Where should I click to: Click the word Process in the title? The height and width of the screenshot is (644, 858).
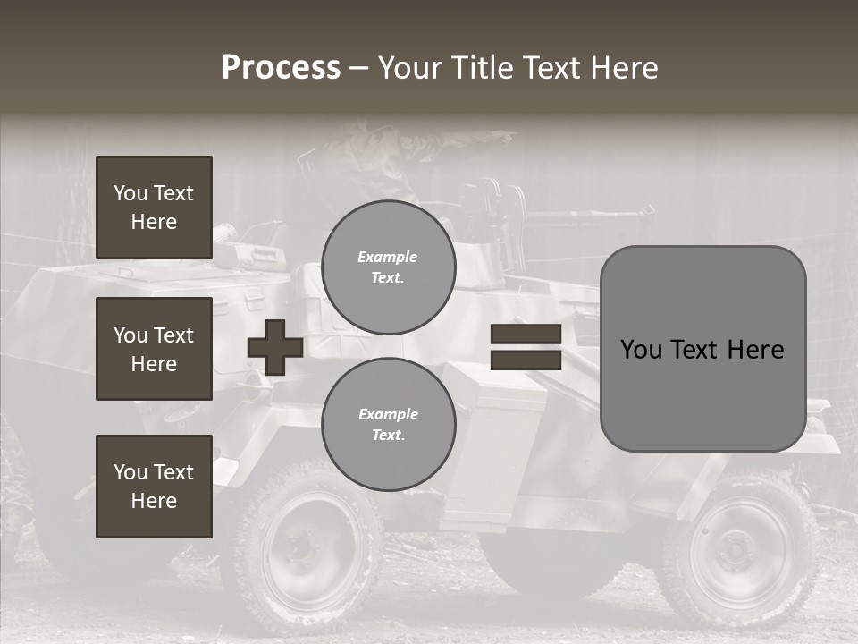(281, 68)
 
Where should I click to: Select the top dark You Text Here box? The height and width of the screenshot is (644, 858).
(154, 208)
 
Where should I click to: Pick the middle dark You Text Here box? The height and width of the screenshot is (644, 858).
(154, 349)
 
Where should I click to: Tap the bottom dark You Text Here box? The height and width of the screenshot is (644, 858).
(154, 486)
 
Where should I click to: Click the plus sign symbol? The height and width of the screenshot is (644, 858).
(275, 347)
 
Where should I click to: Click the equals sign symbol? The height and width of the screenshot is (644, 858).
(526, 347)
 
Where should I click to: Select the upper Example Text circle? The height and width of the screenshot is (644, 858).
(388, 267)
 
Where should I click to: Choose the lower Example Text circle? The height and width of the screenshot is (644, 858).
(388, 425)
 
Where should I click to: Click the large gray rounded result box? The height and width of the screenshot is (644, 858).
(702, 349)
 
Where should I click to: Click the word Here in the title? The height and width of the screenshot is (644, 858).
(625, 68)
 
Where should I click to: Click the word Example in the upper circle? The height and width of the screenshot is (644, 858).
(388, 258)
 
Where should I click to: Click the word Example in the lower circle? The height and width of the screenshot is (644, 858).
(388, 415)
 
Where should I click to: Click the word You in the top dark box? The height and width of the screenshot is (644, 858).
(130, 193)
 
